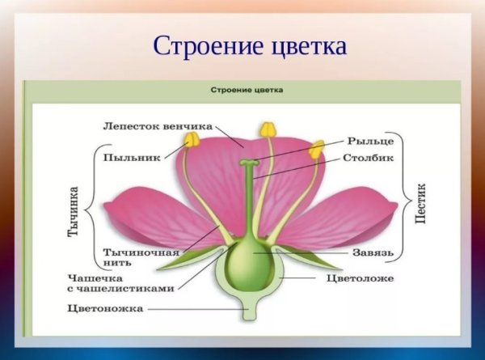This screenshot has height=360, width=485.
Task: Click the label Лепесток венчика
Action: pos(158,126)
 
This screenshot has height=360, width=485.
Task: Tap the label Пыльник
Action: pos(132,157)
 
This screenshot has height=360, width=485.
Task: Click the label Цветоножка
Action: pos(106,308)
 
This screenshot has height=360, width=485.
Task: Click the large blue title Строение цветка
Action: pos(249,45)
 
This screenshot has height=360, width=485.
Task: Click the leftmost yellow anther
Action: pos(192,140)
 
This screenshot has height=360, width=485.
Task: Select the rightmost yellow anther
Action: pos(317,149)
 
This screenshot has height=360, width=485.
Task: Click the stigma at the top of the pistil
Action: pos(248,164)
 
